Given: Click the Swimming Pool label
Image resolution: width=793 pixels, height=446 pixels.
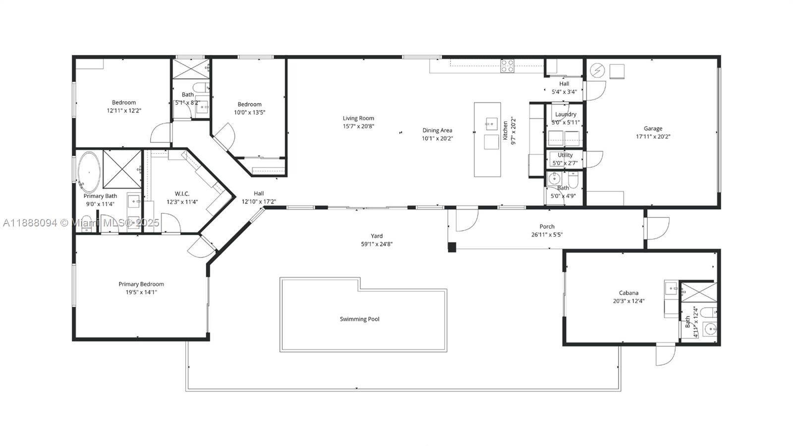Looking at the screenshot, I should pos(359,319).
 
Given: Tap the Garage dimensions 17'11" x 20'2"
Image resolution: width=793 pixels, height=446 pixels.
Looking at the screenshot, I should pos(653,137).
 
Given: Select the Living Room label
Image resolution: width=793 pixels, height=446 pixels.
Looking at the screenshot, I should pos(358,118).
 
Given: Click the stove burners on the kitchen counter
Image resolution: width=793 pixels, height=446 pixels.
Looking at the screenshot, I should pos(507,66).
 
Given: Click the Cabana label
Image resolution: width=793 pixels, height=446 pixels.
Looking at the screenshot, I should pos(628,293).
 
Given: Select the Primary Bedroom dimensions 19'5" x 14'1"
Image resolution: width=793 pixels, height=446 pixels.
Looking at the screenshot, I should pos(141,292).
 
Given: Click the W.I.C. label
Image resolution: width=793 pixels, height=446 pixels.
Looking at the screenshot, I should pos(182,194).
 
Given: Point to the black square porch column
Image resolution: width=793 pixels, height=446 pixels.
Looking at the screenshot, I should pos(452,247).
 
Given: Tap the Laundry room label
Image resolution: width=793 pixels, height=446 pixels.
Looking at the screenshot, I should pos(566,114).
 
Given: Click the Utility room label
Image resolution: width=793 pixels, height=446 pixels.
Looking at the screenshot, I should pos(565,155).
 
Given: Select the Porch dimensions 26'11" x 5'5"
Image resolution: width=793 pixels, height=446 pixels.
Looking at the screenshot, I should pos(547,235).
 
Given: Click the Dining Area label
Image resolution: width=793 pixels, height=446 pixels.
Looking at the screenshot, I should pos(437,130).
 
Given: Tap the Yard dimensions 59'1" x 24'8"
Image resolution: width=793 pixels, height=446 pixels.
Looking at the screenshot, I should pos(377,244).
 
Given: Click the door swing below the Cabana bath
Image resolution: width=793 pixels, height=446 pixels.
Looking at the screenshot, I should pos(666,355).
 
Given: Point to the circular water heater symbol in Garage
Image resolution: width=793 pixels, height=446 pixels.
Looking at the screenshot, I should pos(597,71).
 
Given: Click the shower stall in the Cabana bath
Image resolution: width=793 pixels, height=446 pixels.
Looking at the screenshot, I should pos(698,292).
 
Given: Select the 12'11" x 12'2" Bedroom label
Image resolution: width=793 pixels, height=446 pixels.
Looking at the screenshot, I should pos(124,103).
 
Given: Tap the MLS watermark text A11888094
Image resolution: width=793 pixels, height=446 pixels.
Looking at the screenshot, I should pos(30,223).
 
